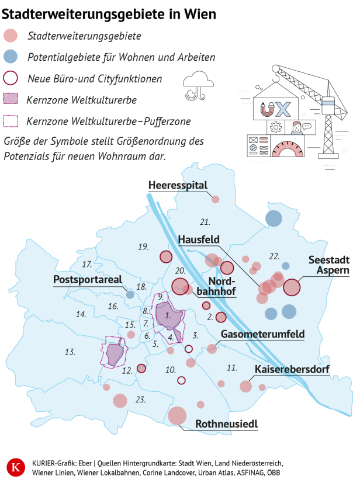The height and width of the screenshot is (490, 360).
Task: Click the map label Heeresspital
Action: (178, 185)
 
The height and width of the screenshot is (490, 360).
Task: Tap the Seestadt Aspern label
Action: (329, 265)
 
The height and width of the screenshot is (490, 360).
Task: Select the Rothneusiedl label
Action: (227, 424)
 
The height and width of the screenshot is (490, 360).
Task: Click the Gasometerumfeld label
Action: (263, 335)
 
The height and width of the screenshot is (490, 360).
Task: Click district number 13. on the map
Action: (70, 352)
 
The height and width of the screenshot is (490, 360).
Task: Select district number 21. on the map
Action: (205, 222)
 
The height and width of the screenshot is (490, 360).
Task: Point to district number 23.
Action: (140, 399)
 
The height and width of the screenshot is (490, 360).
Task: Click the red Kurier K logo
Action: (16, 468)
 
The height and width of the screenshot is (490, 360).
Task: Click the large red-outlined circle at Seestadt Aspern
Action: (292, 287)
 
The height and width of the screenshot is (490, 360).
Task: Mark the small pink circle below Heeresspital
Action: (215, 199)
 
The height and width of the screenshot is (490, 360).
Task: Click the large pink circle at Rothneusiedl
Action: (176, 416)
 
